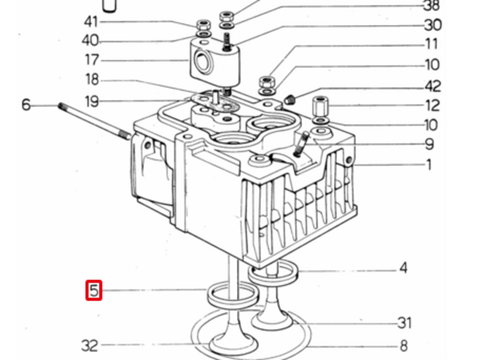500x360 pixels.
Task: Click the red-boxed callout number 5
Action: (94, 291)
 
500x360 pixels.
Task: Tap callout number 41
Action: (91, 22)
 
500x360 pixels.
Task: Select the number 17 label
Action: (91, 60)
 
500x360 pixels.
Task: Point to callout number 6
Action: (26, 104)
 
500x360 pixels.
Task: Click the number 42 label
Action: (432, 86)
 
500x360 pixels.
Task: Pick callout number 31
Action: (405, 323)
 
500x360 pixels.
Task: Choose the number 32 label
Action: (89, 346)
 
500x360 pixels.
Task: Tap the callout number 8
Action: (404, 346)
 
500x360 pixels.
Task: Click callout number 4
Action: (403, 268)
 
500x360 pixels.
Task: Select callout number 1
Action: (429, 165)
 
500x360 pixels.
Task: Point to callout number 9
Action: (429, 144)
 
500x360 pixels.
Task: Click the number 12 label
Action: (432, 105)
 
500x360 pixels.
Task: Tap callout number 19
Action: (92, 101)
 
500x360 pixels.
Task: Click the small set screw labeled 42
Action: (290, 99)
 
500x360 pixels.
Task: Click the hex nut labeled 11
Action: (267, 82)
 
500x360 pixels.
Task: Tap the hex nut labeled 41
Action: (204, 24)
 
